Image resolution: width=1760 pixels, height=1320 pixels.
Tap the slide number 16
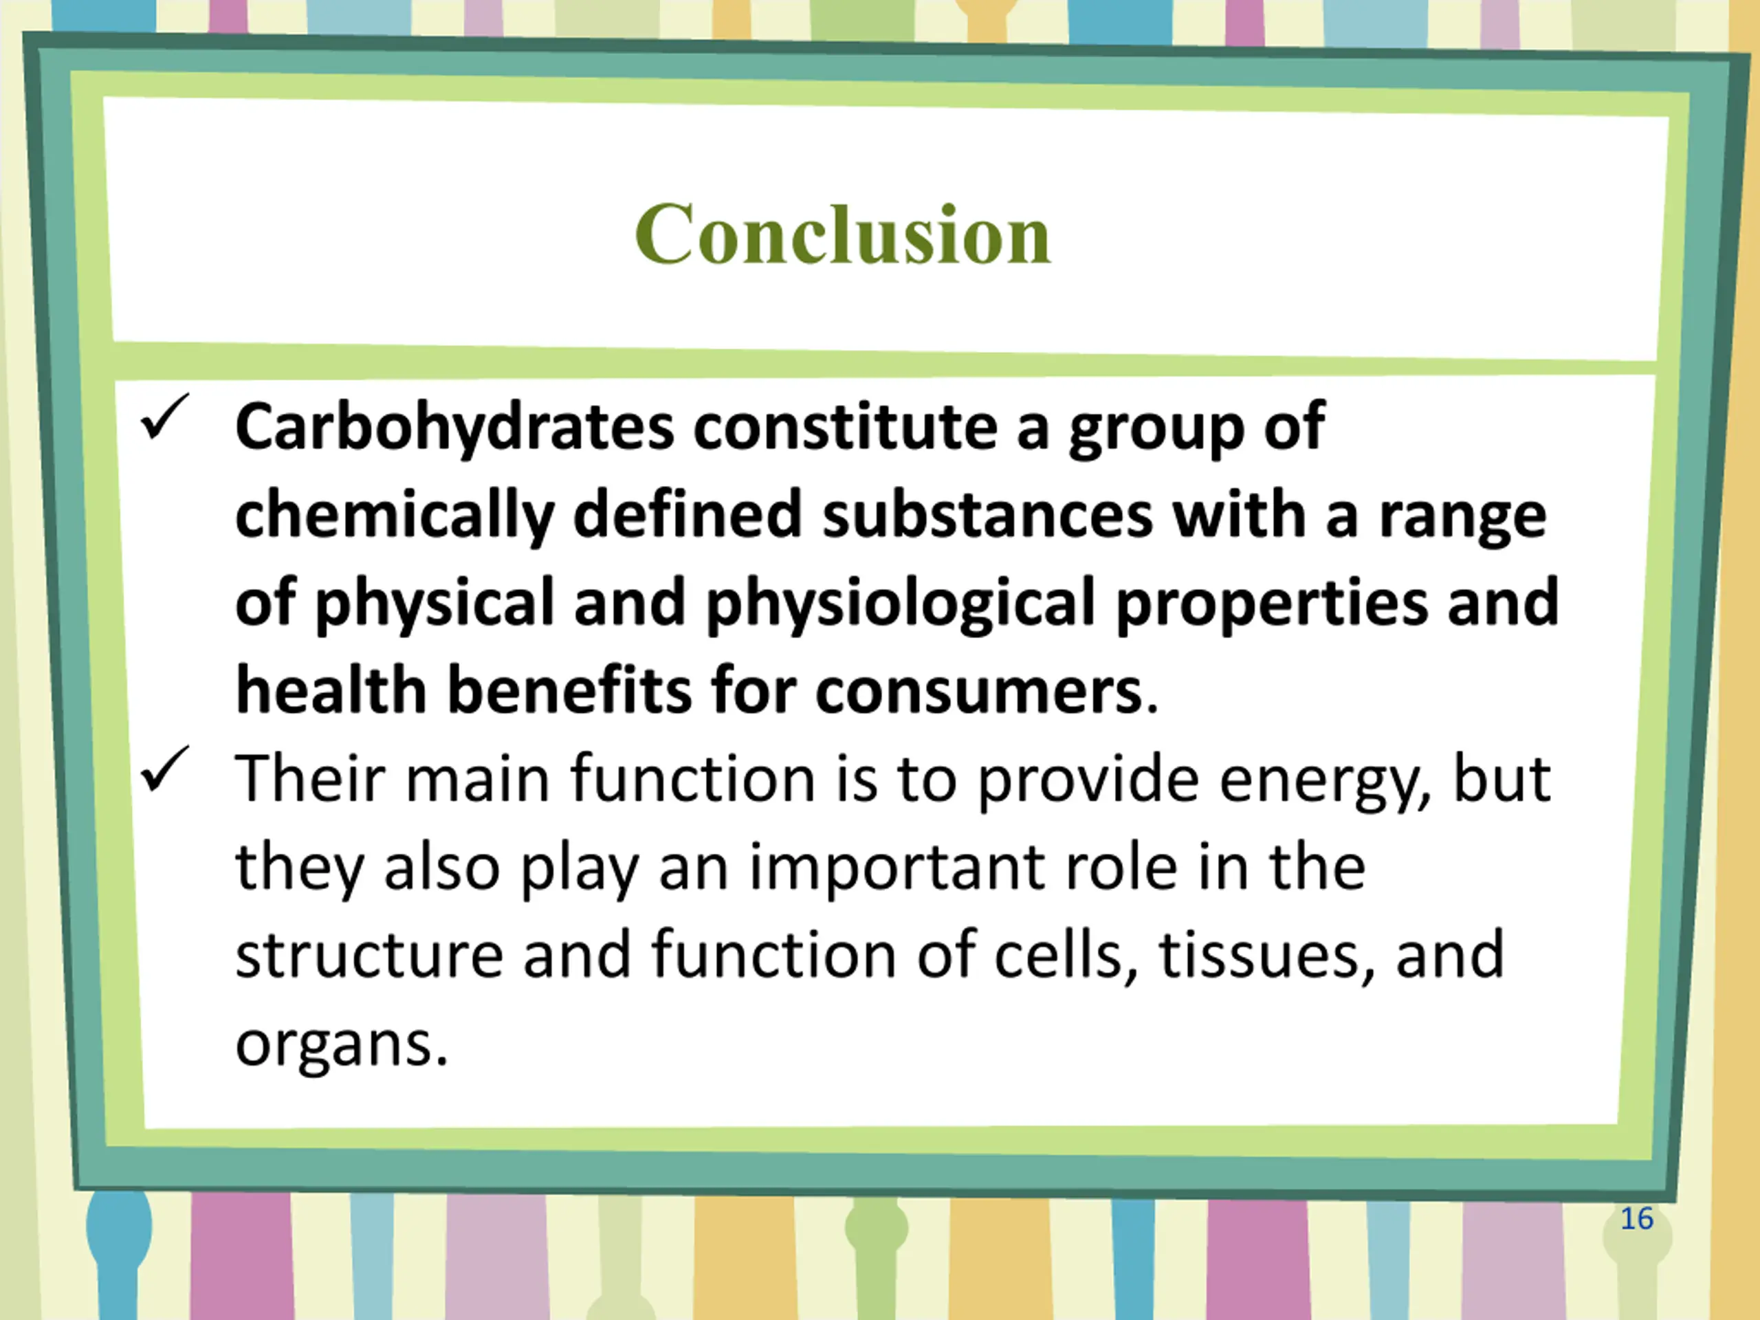coord(1637,1219)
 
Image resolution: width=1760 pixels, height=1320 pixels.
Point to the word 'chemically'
coord(395,516)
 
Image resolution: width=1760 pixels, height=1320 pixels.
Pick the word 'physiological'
coord(901,603)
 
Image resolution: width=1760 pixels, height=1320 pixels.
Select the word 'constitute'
coord(845,426)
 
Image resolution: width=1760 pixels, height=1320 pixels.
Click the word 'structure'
coord(369,955)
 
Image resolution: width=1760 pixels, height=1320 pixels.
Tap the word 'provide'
coord(1088,780)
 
